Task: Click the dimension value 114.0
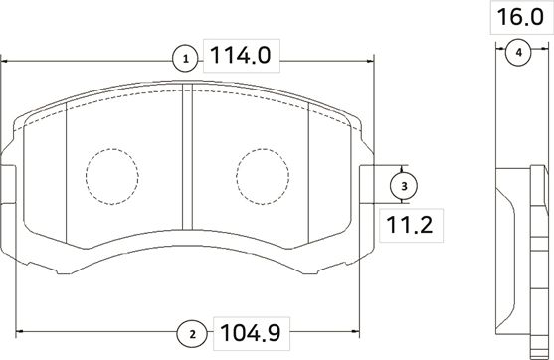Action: [241, 56]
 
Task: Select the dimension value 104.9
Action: [251, 333]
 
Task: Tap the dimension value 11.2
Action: [410, 225]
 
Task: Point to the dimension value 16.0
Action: [520, 17]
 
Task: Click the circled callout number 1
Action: [186, 59]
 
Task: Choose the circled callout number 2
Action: [192, 334]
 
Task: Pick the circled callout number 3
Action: [404, 186]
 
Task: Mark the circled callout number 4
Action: [518, 53]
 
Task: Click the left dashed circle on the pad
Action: [112, 149]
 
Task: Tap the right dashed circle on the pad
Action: [263, 149]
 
